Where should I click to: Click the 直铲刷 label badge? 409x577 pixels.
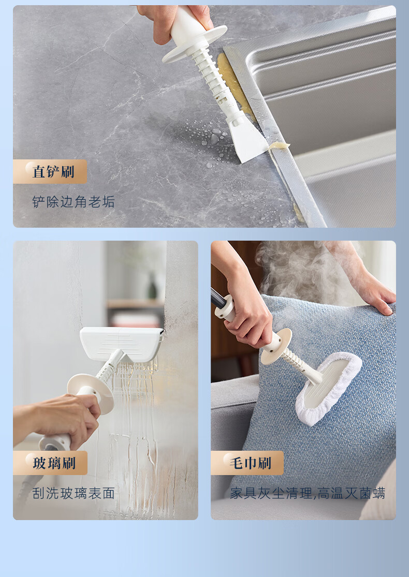point(50,171)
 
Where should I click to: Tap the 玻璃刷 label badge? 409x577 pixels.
point(50,463)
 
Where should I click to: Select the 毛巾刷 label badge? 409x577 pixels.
point(247,463)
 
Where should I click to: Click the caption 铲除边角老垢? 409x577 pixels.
point(74,202)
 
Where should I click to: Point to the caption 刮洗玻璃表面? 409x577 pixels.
point(74,493)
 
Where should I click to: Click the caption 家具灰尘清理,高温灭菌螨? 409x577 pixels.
point(308,493)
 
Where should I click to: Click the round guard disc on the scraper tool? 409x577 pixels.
point(194,43)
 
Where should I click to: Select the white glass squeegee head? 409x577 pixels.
point(122,345)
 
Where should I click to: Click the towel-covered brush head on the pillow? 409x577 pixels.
point(329,388)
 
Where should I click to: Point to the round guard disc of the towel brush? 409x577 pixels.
point(276,347)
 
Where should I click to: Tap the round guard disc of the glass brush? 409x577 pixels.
point(91,393)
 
